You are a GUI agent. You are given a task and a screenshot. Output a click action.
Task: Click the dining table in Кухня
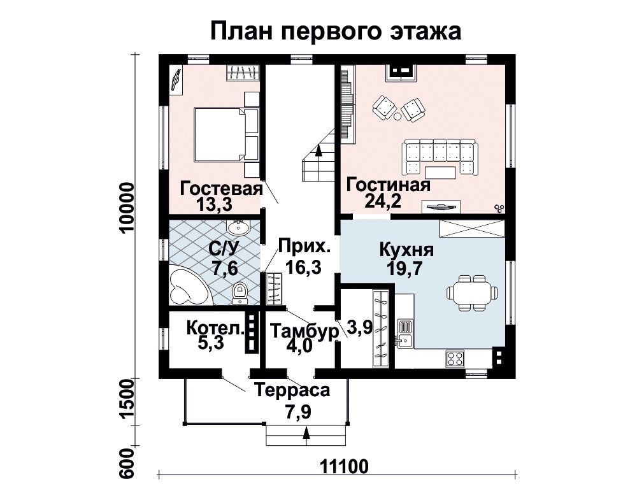click(x=472, y=293)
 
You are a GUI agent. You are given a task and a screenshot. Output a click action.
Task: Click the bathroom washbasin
click(x=238, y=227)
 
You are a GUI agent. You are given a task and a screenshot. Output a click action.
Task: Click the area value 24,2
click(x=383, y=201)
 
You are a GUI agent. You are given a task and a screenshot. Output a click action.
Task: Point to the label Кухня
click(x=406, y=250)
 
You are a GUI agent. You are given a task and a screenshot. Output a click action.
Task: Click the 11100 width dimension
click(x=345, y=466)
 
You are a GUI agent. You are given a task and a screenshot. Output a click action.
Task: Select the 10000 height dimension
click(x=127, y=207)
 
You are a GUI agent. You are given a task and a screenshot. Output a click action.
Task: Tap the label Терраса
click(x=292, y=390)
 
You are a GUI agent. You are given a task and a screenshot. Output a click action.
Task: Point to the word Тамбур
click(x=304, y=331)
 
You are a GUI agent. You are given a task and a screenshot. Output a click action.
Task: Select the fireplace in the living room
click(x=400, y=71)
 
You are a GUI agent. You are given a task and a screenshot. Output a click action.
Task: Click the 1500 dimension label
click(x=127, y=402)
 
